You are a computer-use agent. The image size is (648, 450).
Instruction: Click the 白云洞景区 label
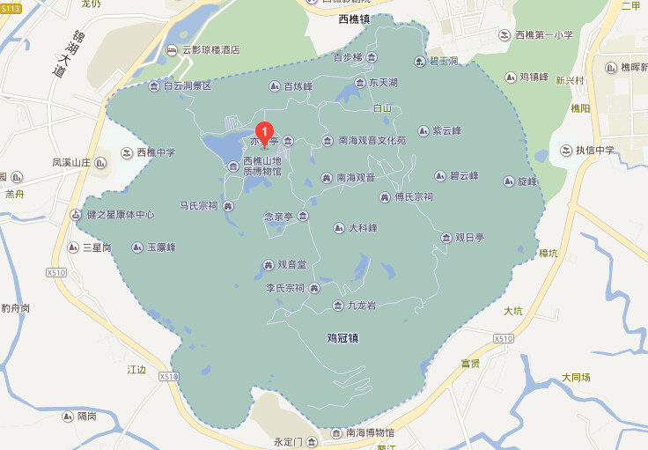(x=188, y=86)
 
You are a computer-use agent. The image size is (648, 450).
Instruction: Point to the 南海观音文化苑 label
(x=372, y=140)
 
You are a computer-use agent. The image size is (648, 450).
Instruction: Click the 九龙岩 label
(x=361, y=306)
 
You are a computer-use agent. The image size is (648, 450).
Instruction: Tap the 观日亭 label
(x=469, y=237)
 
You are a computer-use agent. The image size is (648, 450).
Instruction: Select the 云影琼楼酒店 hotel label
(x=210, y=50)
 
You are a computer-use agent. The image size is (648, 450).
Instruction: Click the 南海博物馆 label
(x=369, y=432)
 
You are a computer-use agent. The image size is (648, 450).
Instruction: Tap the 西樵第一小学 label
(x=543, y=35)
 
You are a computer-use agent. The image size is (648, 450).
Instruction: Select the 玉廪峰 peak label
(x=161, y=247)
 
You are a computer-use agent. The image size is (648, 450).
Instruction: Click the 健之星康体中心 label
(x=120, y=214)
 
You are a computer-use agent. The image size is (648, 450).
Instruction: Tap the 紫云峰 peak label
(x=446, y=130)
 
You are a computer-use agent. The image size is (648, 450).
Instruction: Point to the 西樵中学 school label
(x=156, y=152)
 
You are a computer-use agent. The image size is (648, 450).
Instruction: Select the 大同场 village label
(x=577, y=378)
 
